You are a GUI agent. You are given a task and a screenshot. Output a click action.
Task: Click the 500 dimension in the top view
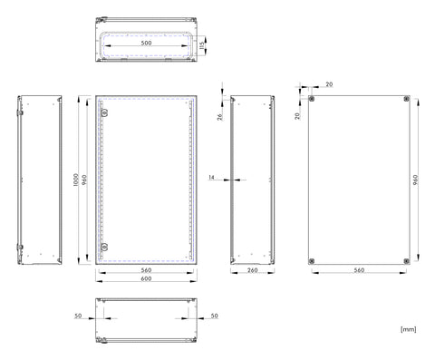146,43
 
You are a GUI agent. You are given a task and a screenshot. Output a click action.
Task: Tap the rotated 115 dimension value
202,45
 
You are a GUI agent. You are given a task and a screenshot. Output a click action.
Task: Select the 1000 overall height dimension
76,180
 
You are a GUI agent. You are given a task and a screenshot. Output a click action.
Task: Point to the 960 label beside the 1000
84,180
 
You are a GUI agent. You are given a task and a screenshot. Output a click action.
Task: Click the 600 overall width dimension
146,278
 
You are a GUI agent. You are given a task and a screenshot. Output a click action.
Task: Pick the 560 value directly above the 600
146,270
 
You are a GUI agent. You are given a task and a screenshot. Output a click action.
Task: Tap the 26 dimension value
220,116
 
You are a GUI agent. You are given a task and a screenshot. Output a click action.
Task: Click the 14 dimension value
211,177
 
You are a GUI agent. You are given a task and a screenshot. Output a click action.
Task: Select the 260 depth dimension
253,270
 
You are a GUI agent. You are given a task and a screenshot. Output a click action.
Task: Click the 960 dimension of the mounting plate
416,180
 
